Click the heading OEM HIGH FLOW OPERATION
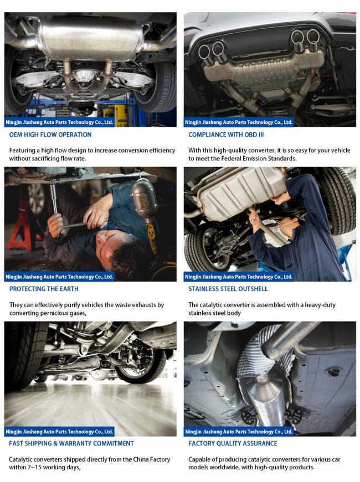[x=50, y=134]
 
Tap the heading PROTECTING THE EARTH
[x=44, y=289]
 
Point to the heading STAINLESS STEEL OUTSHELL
[x=228, y=289]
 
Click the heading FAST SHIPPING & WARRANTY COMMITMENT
[x=71, y=443]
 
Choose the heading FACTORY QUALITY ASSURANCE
[x=233, y=443]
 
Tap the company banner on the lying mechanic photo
[x=59, y=277]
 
